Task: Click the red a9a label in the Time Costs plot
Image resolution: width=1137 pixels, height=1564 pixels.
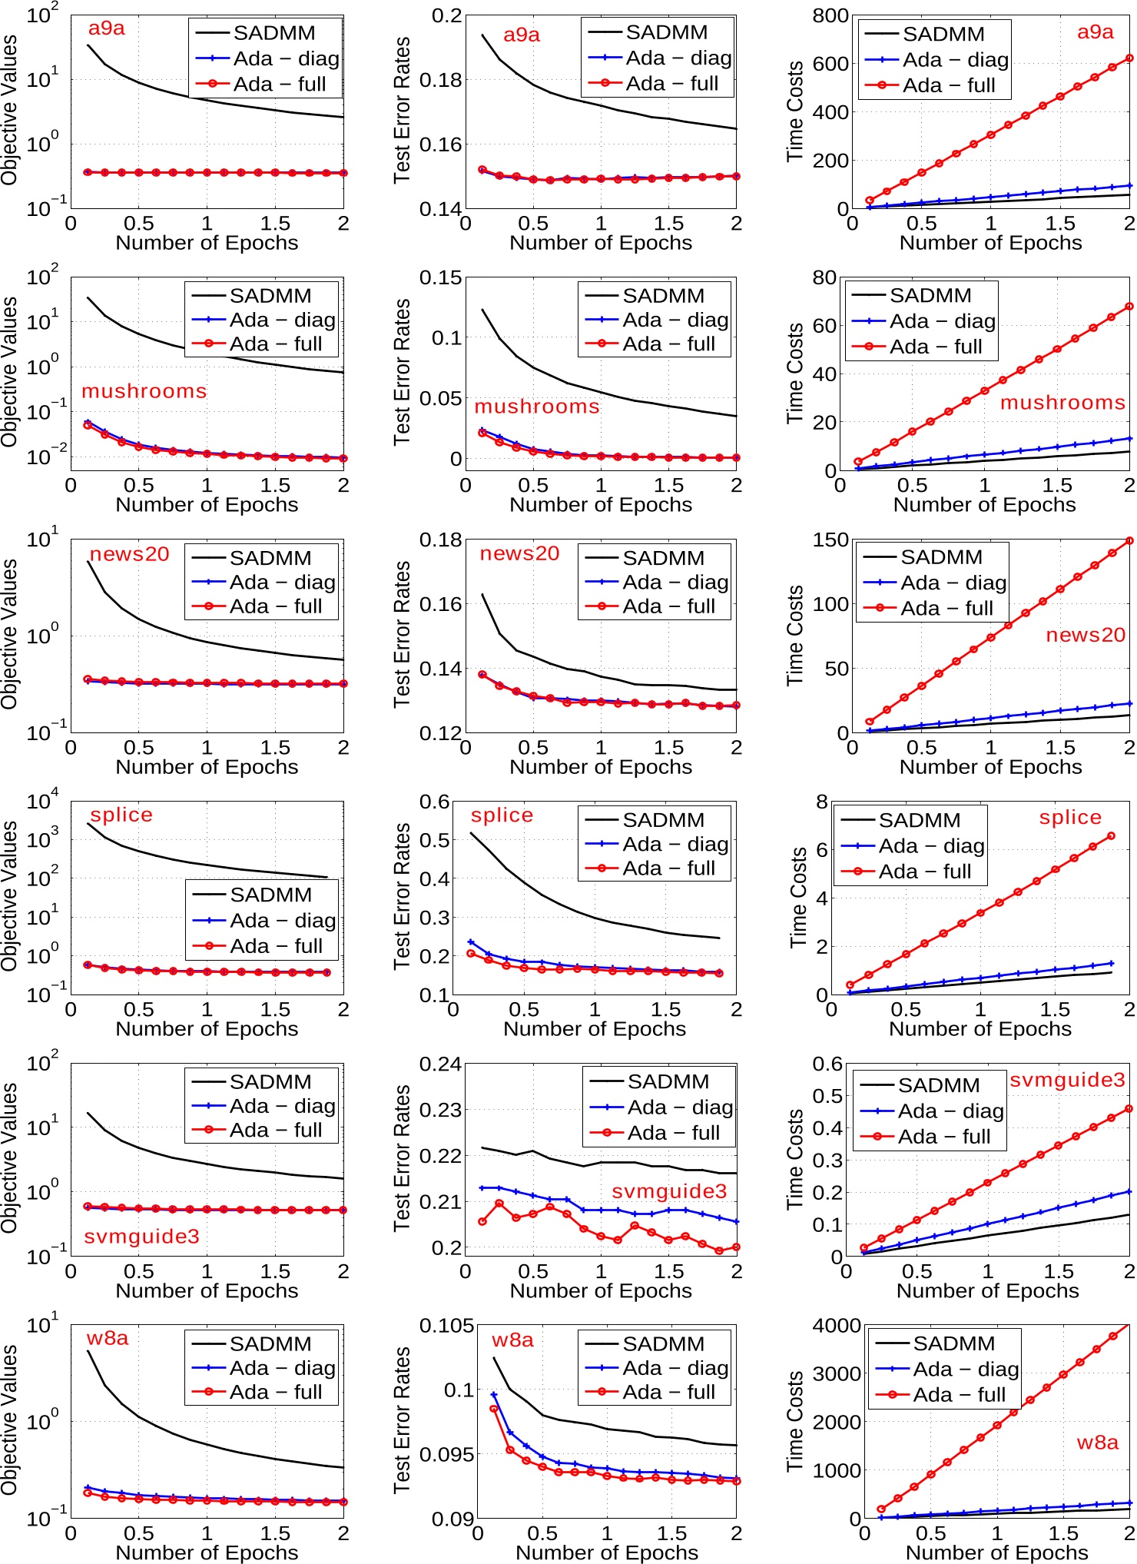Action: point(1095,32)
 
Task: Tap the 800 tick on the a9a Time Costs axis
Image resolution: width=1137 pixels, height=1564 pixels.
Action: point(831,15)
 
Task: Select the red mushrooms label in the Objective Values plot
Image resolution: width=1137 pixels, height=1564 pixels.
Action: point(144,391)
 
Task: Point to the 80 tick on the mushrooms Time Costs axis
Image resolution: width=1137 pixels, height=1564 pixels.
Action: point(824,277)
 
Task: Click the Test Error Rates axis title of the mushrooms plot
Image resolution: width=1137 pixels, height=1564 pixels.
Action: point(402,372)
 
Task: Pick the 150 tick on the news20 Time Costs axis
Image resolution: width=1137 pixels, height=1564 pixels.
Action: point(831,540)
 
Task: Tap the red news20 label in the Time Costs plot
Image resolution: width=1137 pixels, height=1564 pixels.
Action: point(1085,635)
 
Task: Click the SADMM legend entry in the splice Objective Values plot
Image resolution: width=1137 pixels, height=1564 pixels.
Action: point(270,895)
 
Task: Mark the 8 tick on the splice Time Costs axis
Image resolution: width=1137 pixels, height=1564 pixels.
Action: point(822,802)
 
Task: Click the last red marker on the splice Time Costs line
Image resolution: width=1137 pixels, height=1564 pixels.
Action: point(1111,835)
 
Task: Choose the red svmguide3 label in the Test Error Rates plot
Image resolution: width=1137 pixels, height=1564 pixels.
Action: point(668,1191)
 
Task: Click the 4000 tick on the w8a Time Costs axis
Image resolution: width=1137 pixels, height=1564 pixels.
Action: point(837,1326)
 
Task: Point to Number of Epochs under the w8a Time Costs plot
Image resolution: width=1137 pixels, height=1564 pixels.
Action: point(996,1552)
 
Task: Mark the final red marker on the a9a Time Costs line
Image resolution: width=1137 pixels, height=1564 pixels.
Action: point(1129,58)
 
